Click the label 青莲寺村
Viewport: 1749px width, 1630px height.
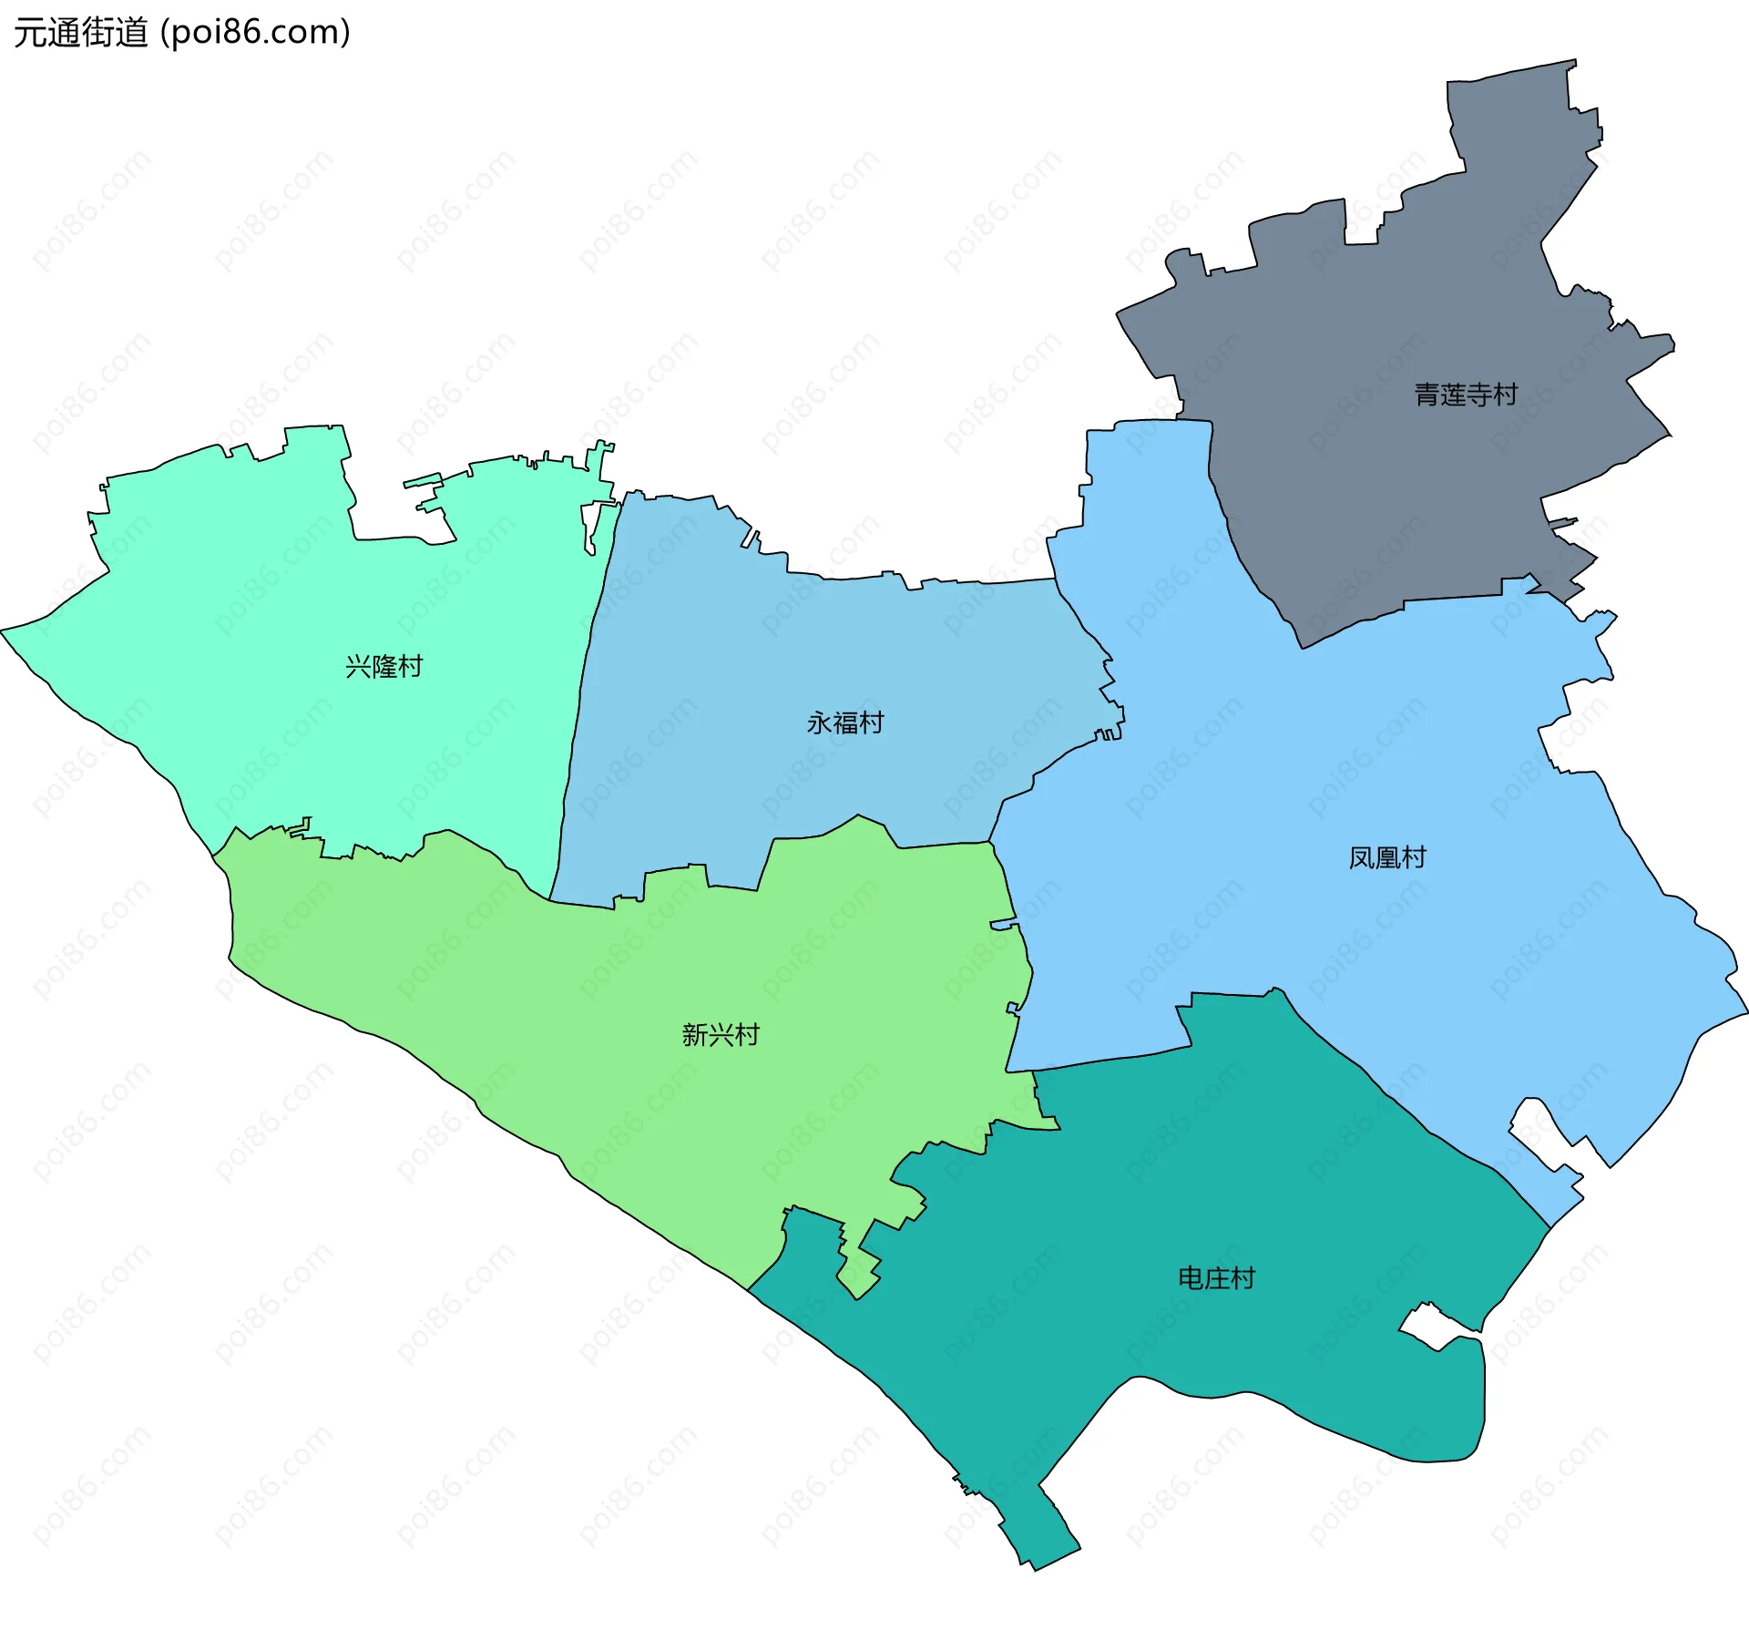click(1466, 395)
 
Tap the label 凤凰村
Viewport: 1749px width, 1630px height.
click(1386, 857)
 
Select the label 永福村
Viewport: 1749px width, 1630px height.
click(845, 723)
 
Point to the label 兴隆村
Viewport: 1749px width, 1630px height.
click(384, 666)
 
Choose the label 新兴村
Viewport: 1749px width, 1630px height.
click(720, 1034)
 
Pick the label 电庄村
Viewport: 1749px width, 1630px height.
click(1216, 1277)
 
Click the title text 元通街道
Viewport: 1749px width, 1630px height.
click(80, 33)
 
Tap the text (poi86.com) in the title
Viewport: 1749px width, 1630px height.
click(255, 33)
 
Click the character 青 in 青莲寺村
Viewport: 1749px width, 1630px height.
click(1427, 395)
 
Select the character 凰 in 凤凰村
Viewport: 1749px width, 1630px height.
click(1386, 857)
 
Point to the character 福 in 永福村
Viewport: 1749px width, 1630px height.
click(845, 723)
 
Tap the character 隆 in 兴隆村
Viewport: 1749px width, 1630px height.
click(384, 666)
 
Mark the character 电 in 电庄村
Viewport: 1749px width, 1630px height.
click(1190, 1277)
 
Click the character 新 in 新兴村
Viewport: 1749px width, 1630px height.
click(694, 1034)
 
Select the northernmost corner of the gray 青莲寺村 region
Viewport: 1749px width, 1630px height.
click(1573, 62)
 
